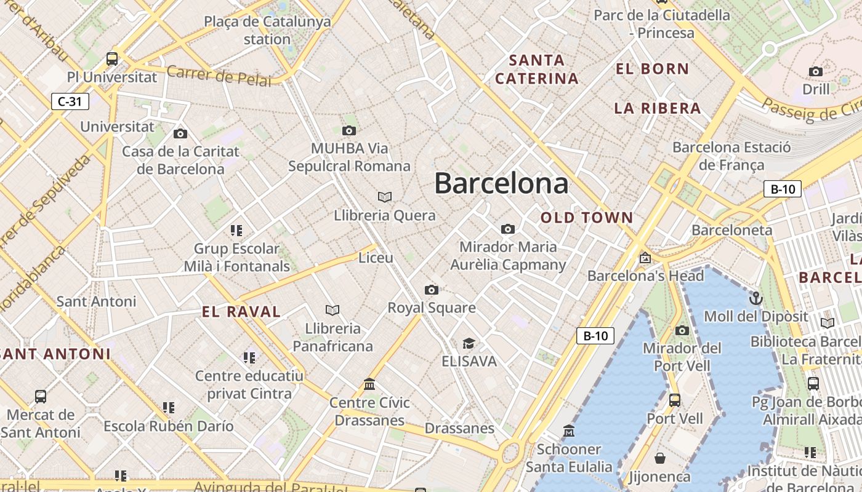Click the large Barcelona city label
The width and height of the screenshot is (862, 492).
(x=501, y=183)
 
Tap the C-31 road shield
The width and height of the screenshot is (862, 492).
(x=70, y=101)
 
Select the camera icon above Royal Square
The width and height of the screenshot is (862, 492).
(x=431, y=290)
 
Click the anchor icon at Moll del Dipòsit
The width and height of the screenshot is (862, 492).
(x=755, y=299)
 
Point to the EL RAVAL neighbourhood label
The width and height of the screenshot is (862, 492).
(x=241, y=312)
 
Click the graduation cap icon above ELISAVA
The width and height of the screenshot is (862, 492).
(x=469, y=343)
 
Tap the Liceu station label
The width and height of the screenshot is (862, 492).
(x=376, y=258)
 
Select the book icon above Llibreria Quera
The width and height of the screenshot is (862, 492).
(x=385, y=197)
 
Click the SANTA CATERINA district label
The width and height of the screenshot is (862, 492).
(x=537, y=69)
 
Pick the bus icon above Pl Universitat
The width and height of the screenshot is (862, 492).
(x=111, y=59)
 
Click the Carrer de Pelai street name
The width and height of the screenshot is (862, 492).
(x=219, y=76)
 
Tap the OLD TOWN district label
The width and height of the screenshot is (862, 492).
(x=587, y=218)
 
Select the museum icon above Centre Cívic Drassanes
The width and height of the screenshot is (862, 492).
(x=369, y=384)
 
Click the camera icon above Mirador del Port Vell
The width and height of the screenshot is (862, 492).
(x=682, y=330)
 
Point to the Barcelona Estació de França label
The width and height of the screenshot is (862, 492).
(x=731, y=156)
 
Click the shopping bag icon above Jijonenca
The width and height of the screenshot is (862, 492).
(x=659, y=458)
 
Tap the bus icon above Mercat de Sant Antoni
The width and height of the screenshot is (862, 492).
(x=41, y=397)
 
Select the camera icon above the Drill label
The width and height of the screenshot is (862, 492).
(x=816, y=71)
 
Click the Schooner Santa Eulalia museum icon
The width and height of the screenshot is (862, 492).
(x=568, y=430)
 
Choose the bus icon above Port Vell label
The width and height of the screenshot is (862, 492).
(x=675, y=400)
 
